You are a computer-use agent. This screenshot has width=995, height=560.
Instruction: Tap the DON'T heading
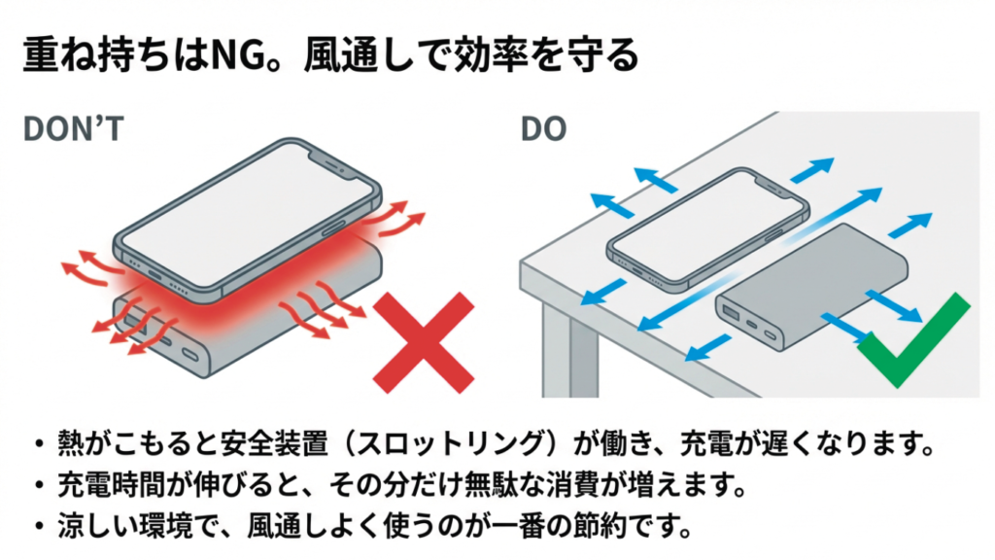(72, 129)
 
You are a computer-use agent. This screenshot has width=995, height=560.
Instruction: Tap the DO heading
(543, 129)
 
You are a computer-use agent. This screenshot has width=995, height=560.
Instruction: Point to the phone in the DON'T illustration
(243, 214)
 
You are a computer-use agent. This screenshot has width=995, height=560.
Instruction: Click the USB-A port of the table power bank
(730, 314)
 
